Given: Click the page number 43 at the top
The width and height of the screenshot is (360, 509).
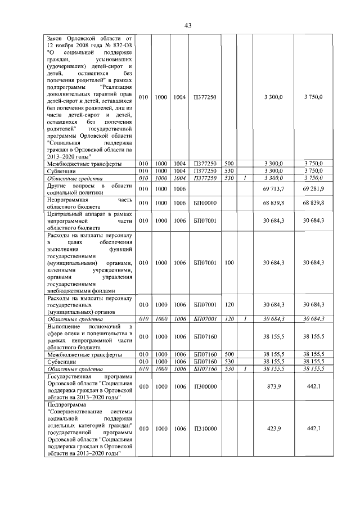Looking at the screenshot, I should coord(188,25).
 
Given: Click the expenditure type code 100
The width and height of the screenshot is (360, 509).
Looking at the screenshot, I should coord(229,263).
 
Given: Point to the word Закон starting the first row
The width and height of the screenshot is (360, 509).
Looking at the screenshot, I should coord(57,37).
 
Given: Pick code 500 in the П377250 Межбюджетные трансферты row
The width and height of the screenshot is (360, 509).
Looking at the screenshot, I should coord(229,164).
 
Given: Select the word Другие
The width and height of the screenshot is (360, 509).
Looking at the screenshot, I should coord(58,184).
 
